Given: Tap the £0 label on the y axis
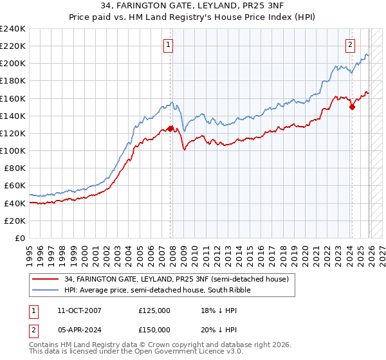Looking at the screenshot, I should (20, 238).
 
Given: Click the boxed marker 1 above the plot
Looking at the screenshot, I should (168, 45).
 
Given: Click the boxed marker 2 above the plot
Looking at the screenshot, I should (351, 45).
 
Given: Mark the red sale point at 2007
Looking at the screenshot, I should (170, 129).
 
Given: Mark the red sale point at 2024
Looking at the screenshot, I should (353, 107).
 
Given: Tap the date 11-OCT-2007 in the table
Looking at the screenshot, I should (79, 310).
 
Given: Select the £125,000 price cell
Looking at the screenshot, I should (154, 310).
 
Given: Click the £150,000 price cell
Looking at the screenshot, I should (154, 329).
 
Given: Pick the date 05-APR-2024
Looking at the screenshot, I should (79, 329).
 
